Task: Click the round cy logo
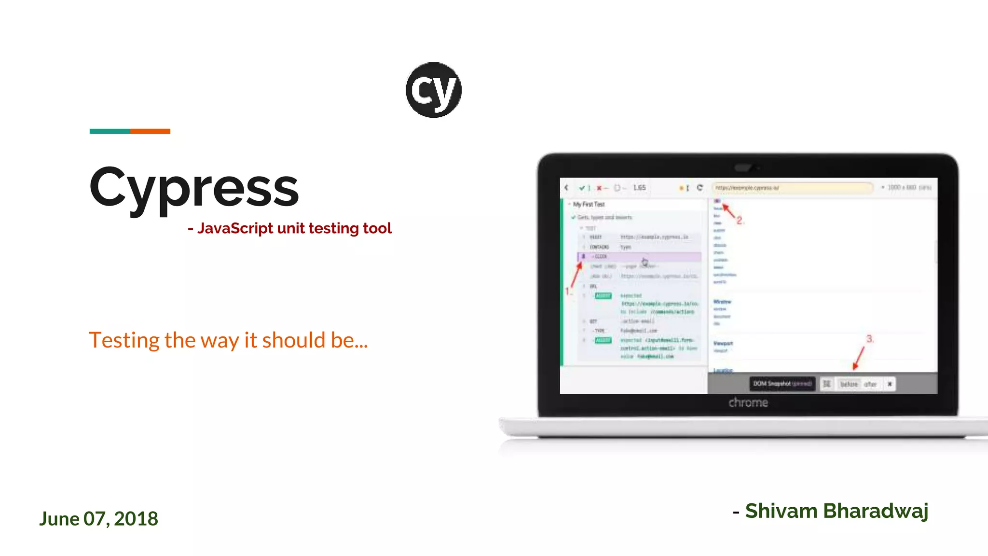[433, 90]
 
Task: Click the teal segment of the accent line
[110, 131]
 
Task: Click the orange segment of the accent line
[150, 131]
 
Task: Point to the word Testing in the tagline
[124, 341]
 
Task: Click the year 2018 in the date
[136, 519]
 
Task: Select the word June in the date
[59, 519]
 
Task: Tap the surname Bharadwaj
[876, 511]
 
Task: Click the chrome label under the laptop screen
[748, 403]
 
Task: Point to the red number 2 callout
[740, 221]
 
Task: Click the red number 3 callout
[869, 339]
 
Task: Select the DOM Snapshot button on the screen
[782, 384]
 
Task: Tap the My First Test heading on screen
[589, 204]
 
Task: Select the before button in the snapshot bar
[849, 384]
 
